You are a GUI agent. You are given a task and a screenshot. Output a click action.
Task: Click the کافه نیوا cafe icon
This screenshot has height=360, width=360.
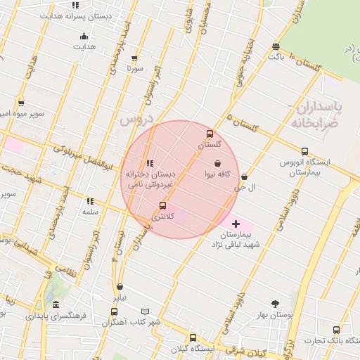click(218, 163)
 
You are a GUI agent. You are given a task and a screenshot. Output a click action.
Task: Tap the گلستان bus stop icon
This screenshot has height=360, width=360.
click(209, 134)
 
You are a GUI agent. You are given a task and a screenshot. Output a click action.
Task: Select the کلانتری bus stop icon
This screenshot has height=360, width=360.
click(163, 205)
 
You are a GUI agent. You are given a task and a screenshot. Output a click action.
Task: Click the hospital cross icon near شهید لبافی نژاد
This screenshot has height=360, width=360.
click(235, 224)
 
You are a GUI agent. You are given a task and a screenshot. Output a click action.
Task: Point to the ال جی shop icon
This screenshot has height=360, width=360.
click(244, 177)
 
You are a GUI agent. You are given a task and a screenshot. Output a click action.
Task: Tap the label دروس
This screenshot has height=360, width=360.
click(136, 120)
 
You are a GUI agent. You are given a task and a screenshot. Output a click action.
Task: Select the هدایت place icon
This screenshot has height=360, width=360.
click(85, 37)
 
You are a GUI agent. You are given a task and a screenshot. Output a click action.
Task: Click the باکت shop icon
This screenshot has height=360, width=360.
click(276, 47)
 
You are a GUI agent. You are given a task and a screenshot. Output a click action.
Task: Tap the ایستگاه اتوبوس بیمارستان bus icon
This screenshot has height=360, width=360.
click(304, 151)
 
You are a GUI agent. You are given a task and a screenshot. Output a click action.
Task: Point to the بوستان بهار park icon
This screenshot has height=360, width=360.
click(275, 304)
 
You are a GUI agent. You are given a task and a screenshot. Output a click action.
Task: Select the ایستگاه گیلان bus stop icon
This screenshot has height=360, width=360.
click(193, 337)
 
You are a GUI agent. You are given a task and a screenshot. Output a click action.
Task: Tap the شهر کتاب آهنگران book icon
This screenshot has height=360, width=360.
click(146, 311)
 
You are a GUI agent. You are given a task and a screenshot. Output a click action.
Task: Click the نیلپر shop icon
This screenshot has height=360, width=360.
click(120, 287)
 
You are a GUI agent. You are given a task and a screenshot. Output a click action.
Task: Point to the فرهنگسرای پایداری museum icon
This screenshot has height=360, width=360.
click(56, 304)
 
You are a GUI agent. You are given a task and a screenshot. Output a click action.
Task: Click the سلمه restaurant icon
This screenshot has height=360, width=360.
click(89, 200)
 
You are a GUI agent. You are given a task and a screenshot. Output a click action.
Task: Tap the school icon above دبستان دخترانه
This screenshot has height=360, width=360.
click(150, 163)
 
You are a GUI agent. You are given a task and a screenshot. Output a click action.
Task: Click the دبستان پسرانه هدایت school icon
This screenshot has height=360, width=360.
click(75, 6)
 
